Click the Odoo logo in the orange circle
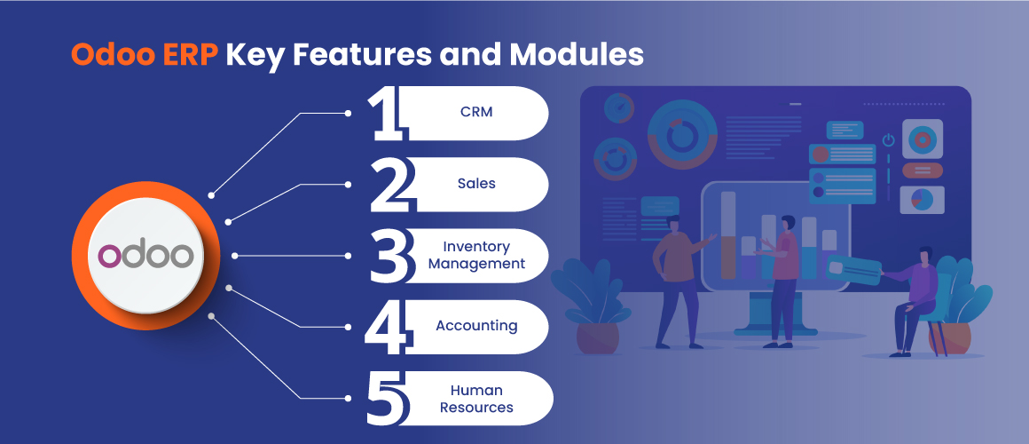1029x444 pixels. click(145, 255)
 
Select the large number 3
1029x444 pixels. click(390, 256)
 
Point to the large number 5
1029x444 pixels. click(389, 397)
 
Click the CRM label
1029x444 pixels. click(476, 112)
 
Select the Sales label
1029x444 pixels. click(476, 184)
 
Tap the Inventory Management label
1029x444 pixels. click(476, 256)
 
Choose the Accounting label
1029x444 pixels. click(476, 326)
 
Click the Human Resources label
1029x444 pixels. click(476, 399)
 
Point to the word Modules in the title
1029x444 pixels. click(576, 56)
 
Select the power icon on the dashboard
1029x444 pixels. click(889, 140)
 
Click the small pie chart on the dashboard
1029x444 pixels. click(922, 200)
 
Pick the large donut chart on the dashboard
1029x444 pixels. click(682, 135)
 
